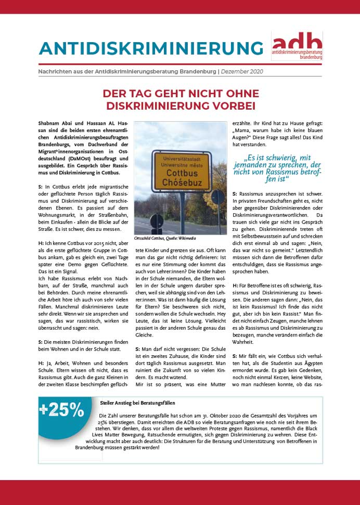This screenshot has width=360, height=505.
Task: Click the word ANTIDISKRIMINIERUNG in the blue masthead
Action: point(151,48)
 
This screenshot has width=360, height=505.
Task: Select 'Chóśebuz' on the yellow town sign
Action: point(181,184)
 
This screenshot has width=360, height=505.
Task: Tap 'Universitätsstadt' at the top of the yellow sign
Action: point(181,157)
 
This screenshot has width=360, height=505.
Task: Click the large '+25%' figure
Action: point(61,410)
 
